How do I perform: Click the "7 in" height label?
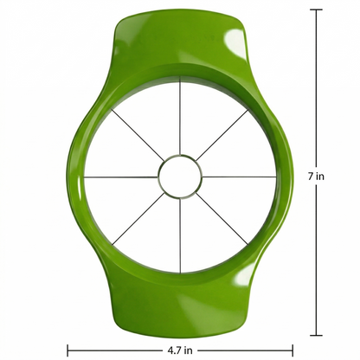point(316,176)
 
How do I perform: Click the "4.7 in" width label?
point(180,350)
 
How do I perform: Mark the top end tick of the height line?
point(316,10)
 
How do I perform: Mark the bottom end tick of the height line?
point(316,335)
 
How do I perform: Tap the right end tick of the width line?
point(292,350)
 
